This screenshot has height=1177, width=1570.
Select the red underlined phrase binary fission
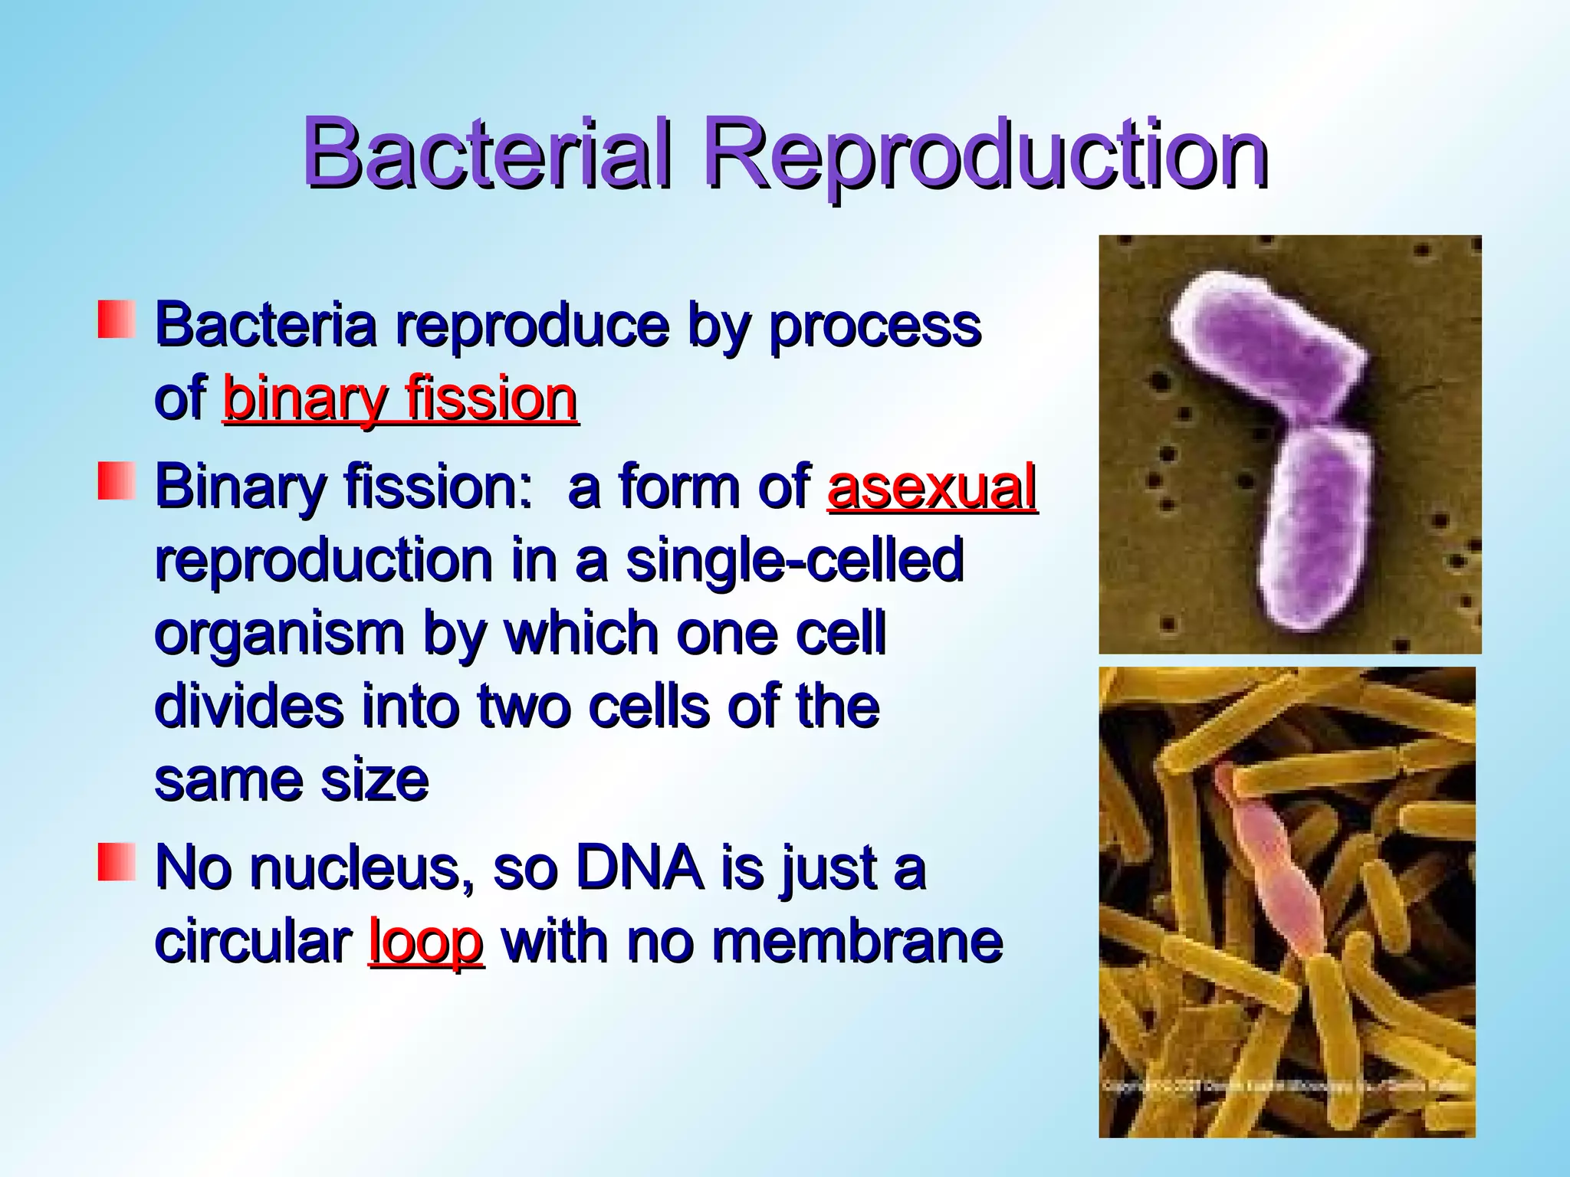coord(399,398)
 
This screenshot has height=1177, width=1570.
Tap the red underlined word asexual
coord(931,486)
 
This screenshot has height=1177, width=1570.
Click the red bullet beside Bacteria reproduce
coord(117,320)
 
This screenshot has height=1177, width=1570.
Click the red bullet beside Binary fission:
coord(117,481)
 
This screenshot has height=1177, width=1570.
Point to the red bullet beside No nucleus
coord(117,862)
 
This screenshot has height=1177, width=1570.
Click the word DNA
coord(639,867)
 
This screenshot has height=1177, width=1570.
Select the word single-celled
coord(794,559)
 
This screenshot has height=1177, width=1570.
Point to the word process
coord(874,326)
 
